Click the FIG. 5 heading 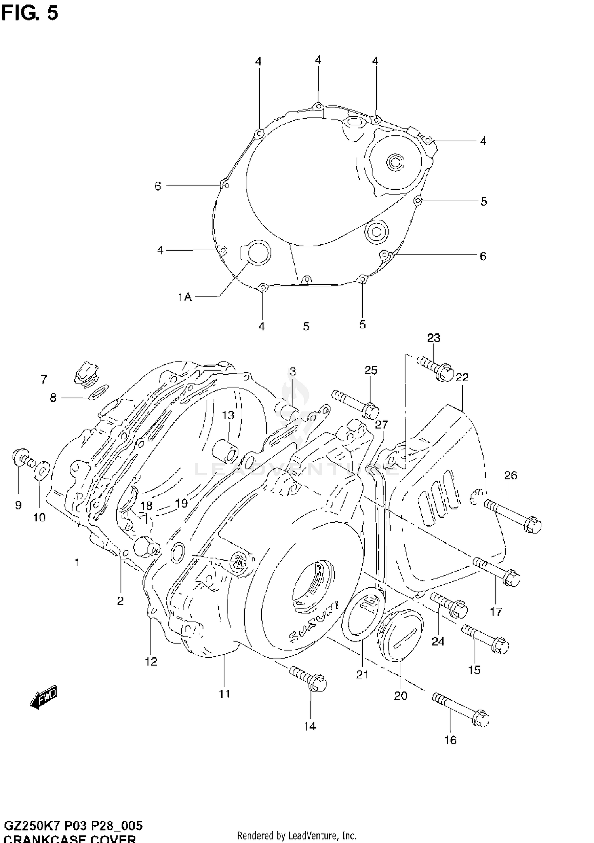29,13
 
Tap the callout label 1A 185,297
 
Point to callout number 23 434,338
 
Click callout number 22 462,377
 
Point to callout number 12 151,661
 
